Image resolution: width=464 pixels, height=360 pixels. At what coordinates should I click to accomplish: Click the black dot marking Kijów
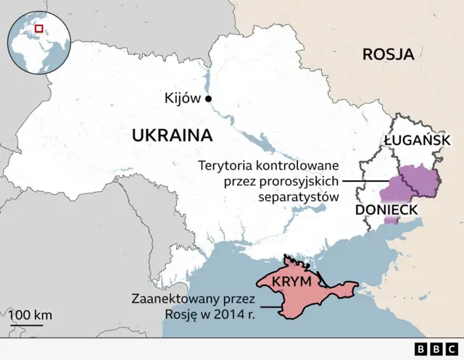pyautogui.click(x=209, y=99)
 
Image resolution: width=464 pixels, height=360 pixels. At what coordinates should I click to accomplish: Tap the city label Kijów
pyautogui.click(x=183, y=99)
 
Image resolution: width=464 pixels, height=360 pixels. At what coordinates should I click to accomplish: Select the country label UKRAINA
pyautogui.click(x=172, y=135)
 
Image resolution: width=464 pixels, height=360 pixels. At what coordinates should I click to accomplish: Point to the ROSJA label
pyautogui.click(x=388, y=54)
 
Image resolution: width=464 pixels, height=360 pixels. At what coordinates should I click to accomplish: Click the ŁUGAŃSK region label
pyautogui.click(x=418, y=140)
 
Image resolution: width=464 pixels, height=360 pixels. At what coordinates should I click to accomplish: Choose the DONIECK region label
pyautogui.click(x=386, y=210)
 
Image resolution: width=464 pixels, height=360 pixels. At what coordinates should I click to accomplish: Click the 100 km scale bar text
pyautogui.click(x=30, y=315)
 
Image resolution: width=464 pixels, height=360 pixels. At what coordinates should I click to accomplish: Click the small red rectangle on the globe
pyautogui.click(x=39, y=28)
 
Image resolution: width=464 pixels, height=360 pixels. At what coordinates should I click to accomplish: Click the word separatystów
pyautogui.click(x=299, y=196)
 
